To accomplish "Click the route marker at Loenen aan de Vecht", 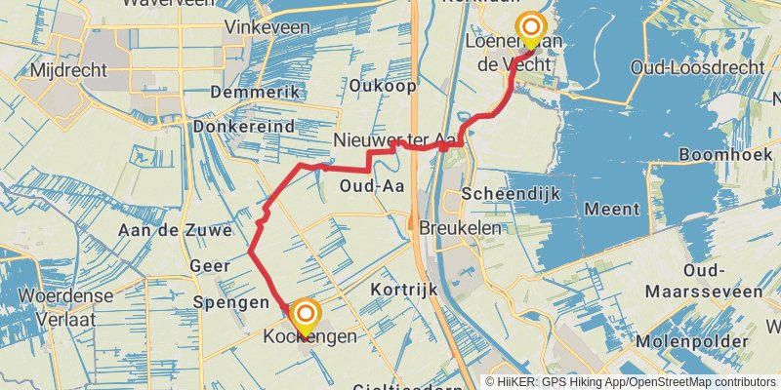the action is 530,29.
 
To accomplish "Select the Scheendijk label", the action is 513,193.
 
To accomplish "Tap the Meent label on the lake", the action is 612,209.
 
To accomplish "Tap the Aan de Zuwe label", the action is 175,231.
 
